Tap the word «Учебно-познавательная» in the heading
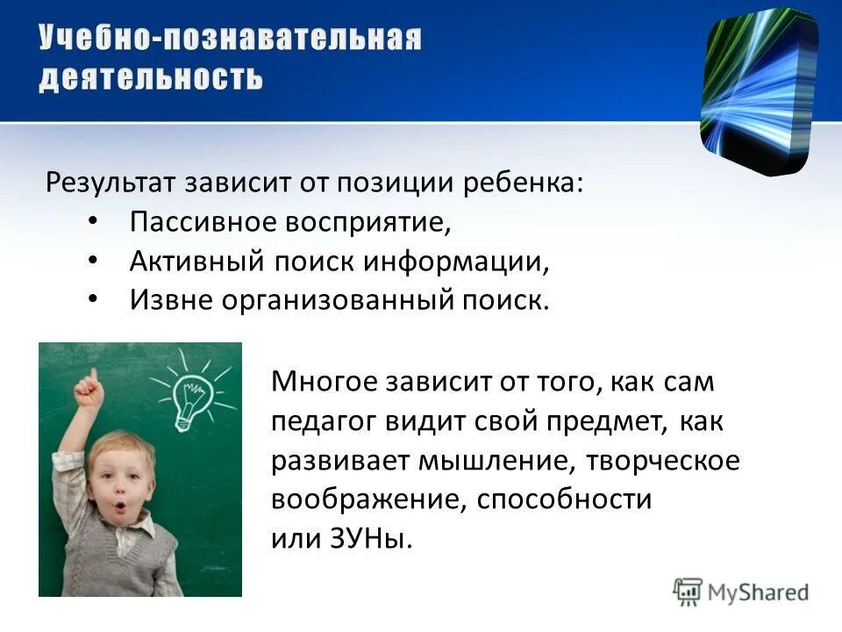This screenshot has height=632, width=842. point(231,39)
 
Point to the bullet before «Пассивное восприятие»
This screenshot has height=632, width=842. point(94,221)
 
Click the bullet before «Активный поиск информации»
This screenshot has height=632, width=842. point(94,261)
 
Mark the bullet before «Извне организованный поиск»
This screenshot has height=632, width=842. point(94,300)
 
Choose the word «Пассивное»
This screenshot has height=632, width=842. point(201,222)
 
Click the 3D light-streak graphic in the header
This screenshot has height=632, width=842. point(758,88)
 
